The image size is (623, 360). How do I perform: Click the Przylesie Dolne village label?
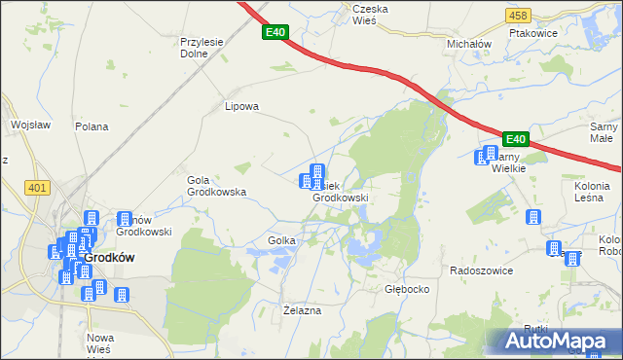click(202, 48)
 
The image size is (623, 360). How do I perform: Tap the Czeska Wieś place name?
click(370, 14)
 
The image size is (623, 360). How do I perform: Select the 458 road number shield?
click(518, 15)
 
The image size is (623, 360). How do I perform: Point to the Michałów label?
click(469, 44)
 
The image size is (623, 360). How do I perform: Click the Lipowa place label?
click(241, 107)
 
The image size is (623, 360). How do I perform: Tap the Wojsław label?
click(29, 125)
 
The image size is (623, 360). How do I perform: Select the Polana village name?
click(92, 126)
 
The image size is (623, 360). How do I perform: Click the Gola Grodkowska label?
click(216, 186)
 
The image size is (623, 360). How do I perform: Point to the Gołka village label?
click(275, 239)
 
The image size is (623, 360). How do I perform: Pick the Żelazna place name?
click(302, 309)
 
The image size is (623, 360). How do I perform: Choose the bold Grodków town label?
click(108, 257)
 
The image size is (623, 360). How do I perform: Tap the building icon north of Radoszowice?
click(533, 218)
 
